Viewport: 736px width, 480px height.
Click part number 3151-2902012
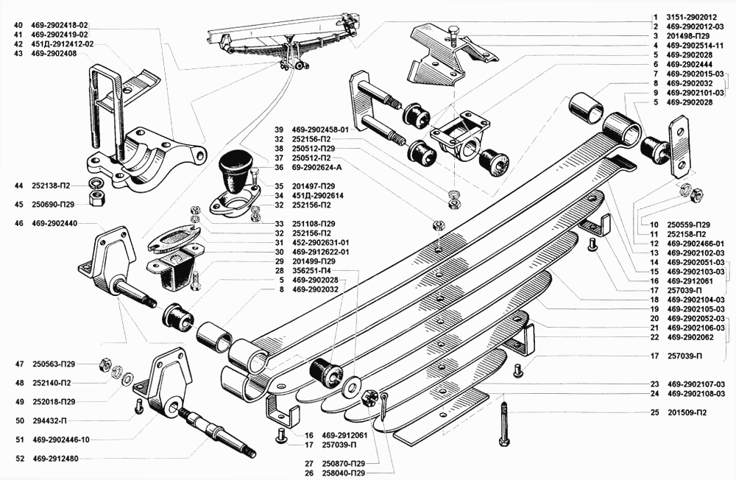690,16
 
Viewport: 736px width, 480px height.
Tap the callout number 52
18,459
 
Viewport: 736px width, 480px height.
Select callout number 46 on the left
18,223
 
